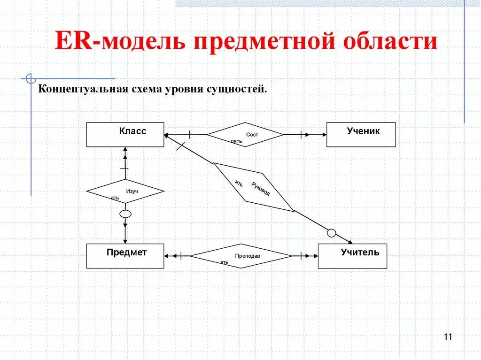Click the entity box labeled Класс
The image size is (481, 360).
[x=125, y=135]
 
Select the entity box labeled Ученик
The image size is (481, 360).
[x=361, y=135]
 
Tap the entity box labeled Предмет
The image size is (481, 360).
[x=125, y=256]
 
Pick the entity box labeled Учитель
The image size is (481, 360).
[x=352, y=256]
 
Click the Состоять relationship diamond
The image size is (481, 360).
[x=245, y=135]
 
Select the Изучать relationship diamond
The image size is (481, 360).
[x=125, y=191]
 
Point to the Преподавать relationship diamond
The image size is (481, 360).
[x=241, y=256]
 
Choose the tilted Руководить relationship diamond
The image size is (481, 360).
[x=254, y=187]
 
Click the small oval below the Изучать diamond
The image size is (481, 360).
[x=125, y=214]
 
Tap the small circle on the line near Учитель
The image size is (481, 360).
[x=332, y=233]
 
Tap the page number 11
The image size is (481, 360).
[x=447, y=337]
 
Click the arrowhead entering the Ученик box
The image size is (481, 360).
[x=324, y=135]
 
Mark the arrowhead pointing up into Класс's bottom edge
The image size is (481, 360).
[x=125, y=150]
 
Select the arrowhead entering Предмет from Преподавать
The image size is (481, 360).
[x=167, y=256]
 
